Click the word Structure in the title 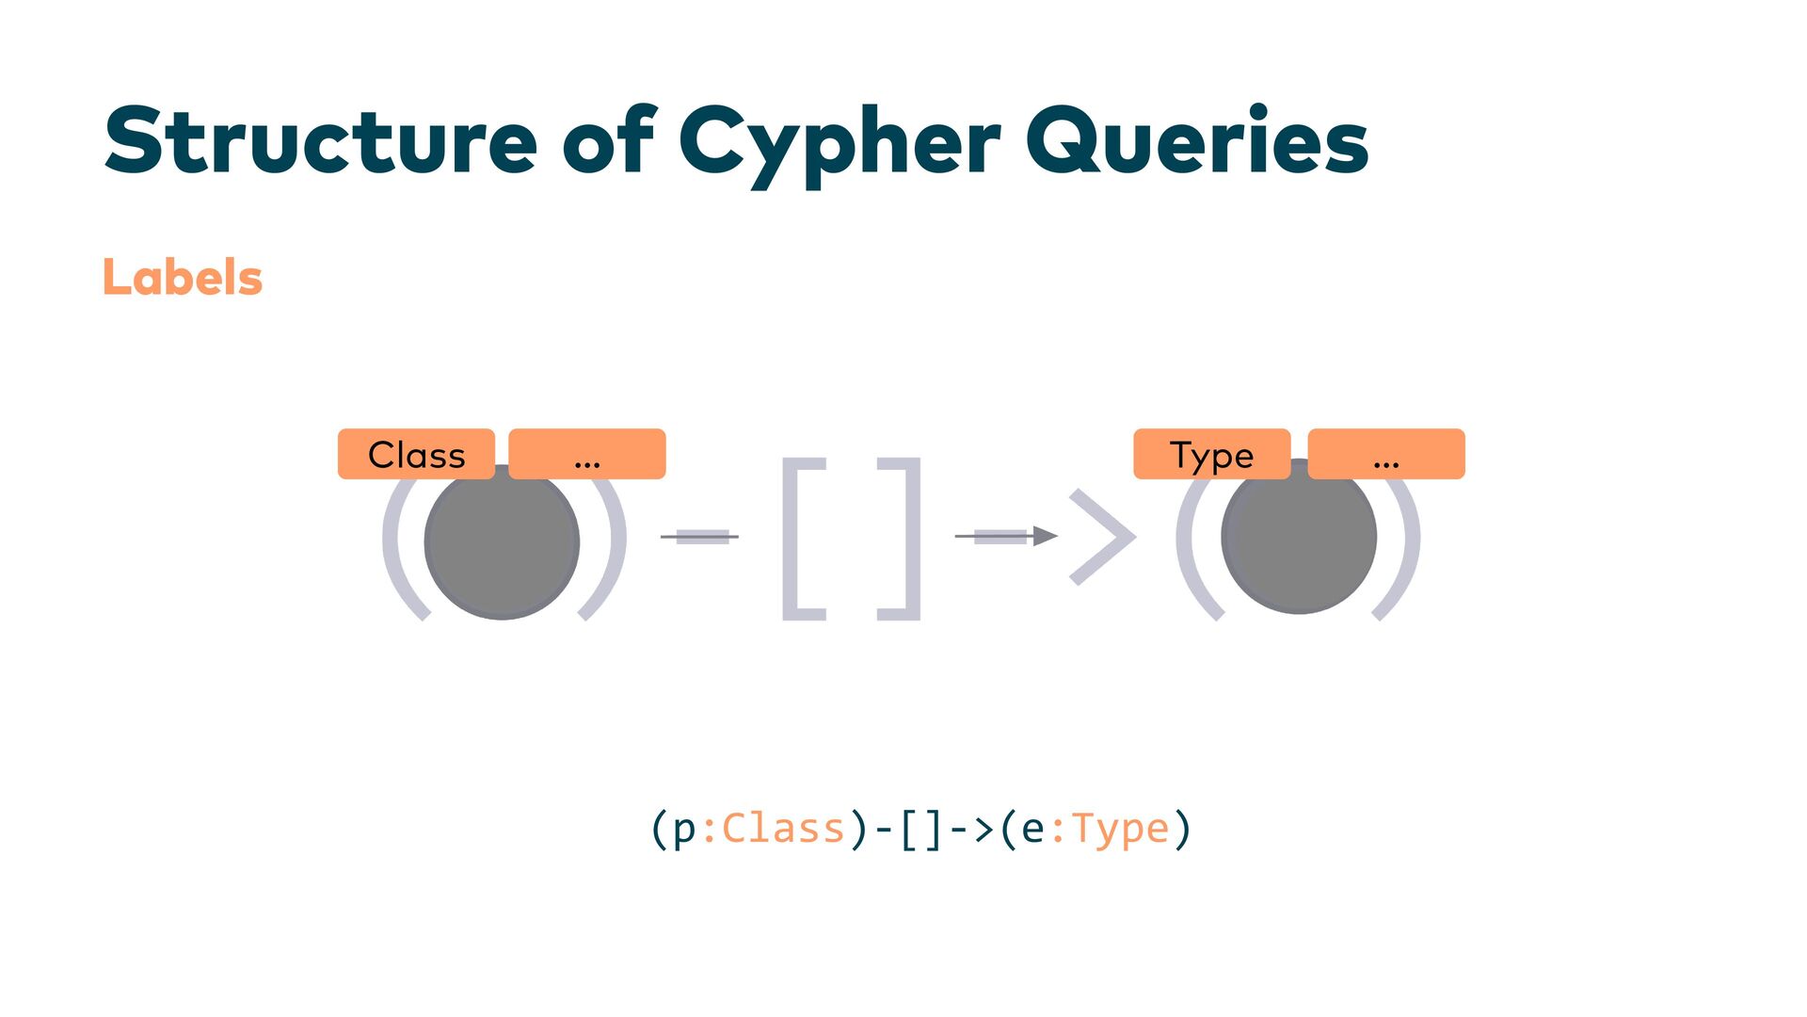tap(320, 141)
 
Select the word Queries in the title tap(1196, 141)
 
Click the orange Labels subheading tap(183, 278)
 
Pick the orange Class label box tap(416, 455)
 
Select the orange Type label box tap(1211, 455)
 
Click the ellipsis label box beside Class tap(587, 455)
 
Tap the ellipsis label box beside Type tap(1386, 455)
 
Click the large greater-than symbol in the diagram tap(1103, 537)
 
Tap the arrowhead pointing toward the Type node tap(1045, 537)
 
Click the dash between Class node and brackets tap(700, 537)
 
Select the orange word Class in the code tap(783, 829)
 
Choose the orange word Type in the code tap(1120, 829)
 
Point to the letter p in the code tap(684, 830)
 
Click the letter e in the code tap(1032, 830)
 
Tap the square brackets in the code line tap(920, 830)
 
